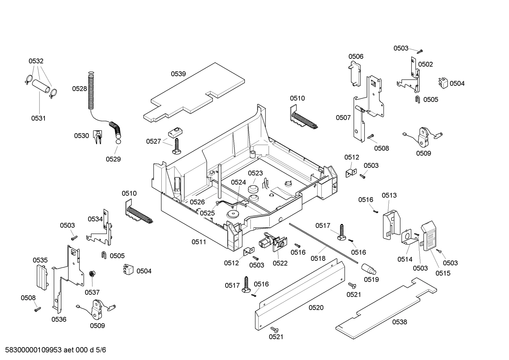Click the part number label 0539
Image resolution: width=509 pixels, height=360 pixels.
(x=178, y=74)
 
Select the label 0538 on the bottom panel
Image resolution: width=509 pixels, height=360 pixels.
(x=399, y=322)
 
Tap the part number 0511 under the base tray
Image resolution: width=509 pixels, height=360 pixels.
(x=199, y=242)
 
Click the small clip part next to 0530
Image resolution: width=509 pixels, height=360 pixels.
(x=97, y=137)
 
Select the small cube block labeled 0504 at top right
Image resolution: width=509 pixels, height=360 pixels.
(x=443, y=82)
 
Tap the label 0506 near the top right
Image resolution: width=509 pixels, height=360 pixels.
(x=356, y=57)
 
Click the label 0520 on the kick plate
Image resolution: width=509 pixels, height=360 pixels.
(x=316, y=308)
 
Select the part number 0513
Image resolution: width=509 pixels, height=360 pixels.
(x=389, y=195)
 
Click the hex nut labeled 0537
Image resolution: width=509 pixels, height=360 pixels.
(x=91, y=274)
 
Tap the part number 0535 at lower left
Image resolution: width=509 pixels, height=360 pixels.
(x=40, y=260)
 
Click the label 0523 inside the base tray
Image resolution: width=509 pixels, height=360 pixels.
(x=255, y=173)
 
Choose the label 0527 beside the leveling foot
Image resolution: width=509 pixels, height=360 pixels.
(x=154, y=141)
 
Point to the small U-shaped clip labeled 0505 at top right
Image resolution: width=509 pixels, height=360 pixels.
(x=417, y=99)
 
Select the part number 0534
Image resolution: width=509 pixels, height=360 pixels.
(x=95, y=219)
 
